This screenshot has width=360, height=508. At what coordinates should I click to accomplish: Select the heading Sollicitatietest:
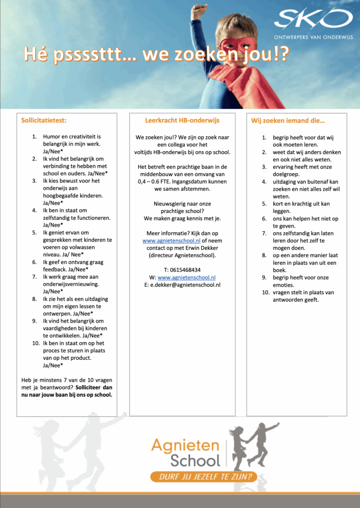click(x=44, y=120)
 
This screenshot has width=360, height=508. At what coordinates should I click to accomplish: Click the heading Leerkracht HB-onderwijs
click(x=182, y=120)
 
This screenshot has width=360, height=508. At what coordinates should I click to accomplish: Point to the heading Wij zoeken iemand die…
click(x=288, y=120)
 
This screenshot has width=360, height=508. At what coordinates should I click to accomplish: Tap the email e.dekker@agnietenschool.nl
click(x=185, y=285)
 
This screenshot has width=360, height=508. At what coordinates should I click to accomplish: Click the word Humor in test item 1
click(x=53, y=136)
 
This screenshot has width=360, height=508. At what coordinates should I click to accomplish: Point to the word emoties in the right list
click(x=284, y=285)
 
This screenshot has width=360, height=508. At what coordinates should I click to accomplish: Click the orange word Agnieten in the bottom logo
click(x=186, y=444)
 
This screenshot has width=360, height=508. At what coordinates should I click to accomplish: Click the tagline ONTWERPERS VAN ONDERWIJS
click(x=312, y=37)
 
